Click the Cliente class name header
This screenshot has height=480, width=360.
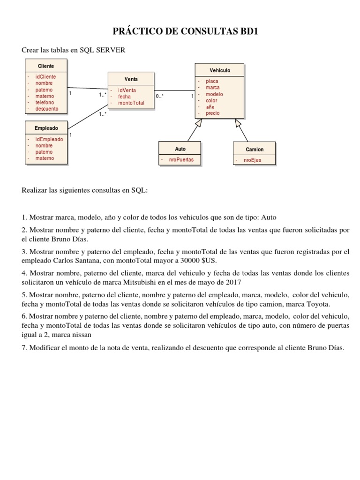coord(46,66)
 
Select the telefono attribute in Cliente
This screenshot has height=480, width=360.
coord(45,102)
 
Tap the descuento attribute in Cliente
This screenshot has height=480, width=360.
coord(47,109)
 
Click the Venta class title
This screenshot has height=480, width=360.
coord(131,79)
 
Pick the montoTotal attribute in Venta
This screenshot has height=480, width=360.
coord(131,103)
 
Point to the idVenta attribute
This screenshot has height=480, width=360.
coord(127,90)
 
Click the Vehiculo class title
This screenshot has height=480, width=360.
coord(220,70)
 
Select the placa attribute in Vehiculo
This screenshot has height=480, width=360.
coord(212,81)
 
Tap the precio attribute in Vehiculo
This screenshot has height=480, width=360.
coord(212,113)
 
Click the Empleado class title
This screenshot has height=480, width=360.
coord(46,127)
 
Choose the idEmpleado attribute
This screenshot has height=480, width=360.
coord(49,139)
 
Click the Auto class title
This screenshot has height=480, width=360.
coord(180,149)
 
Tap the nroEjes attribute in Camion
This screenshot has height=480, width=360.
coord(253,160)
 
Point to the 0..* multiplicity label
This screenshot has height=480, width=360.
coord(160,96)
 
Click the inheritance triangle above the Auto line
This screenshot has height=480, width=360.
coord(199,123)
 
